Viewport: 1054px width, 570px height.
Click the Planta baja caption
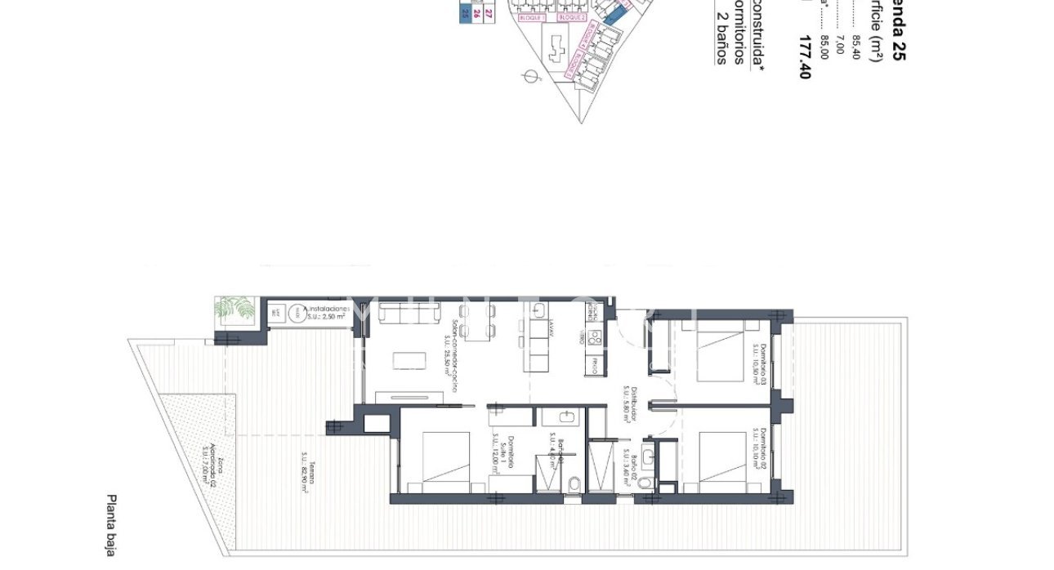coord(112,525)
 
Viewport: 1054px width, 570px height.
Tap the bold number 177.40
coord(806,57)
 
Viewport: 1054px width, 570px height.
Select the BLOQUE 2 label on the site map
coord(572,16)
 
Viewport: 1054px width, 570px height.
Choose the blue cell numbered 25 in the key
coord(465,12)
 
